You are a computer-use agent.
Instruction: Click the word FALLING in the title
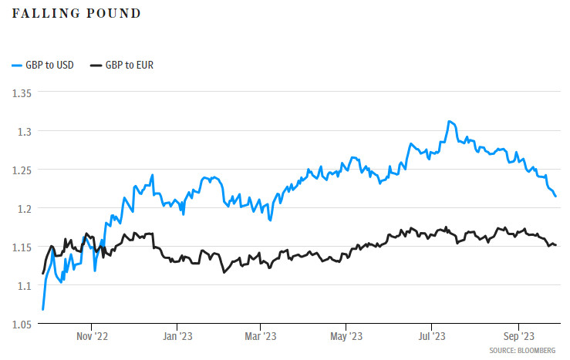(39, 14)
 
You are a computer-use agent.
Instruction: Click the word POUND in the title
(99, 14)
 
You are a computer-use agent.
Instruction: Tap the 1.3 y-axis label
(24, 131)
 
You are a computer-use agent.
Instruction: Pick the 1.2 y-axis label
(24, 208)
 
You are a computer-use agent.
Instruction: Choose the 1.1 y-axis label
(24, 285)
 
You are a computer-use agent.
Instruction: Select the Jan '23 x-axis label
(180, 336)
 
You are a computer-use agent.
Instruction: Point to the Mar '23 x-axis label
(261, 336)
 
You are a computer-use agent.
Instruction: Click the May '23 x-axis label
(347, 336)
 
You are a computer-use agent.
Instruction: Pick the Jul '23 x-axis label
(431, 336)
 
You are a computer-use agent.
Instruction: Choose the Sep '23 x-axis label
(518, 336)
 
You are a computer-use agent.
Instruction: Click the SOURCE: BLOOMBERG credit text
(521, 351)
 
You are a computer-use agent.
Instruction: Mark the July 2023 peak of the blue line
(449, 121)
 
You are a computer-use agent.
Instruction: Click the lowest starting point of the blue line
(42, 309)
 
